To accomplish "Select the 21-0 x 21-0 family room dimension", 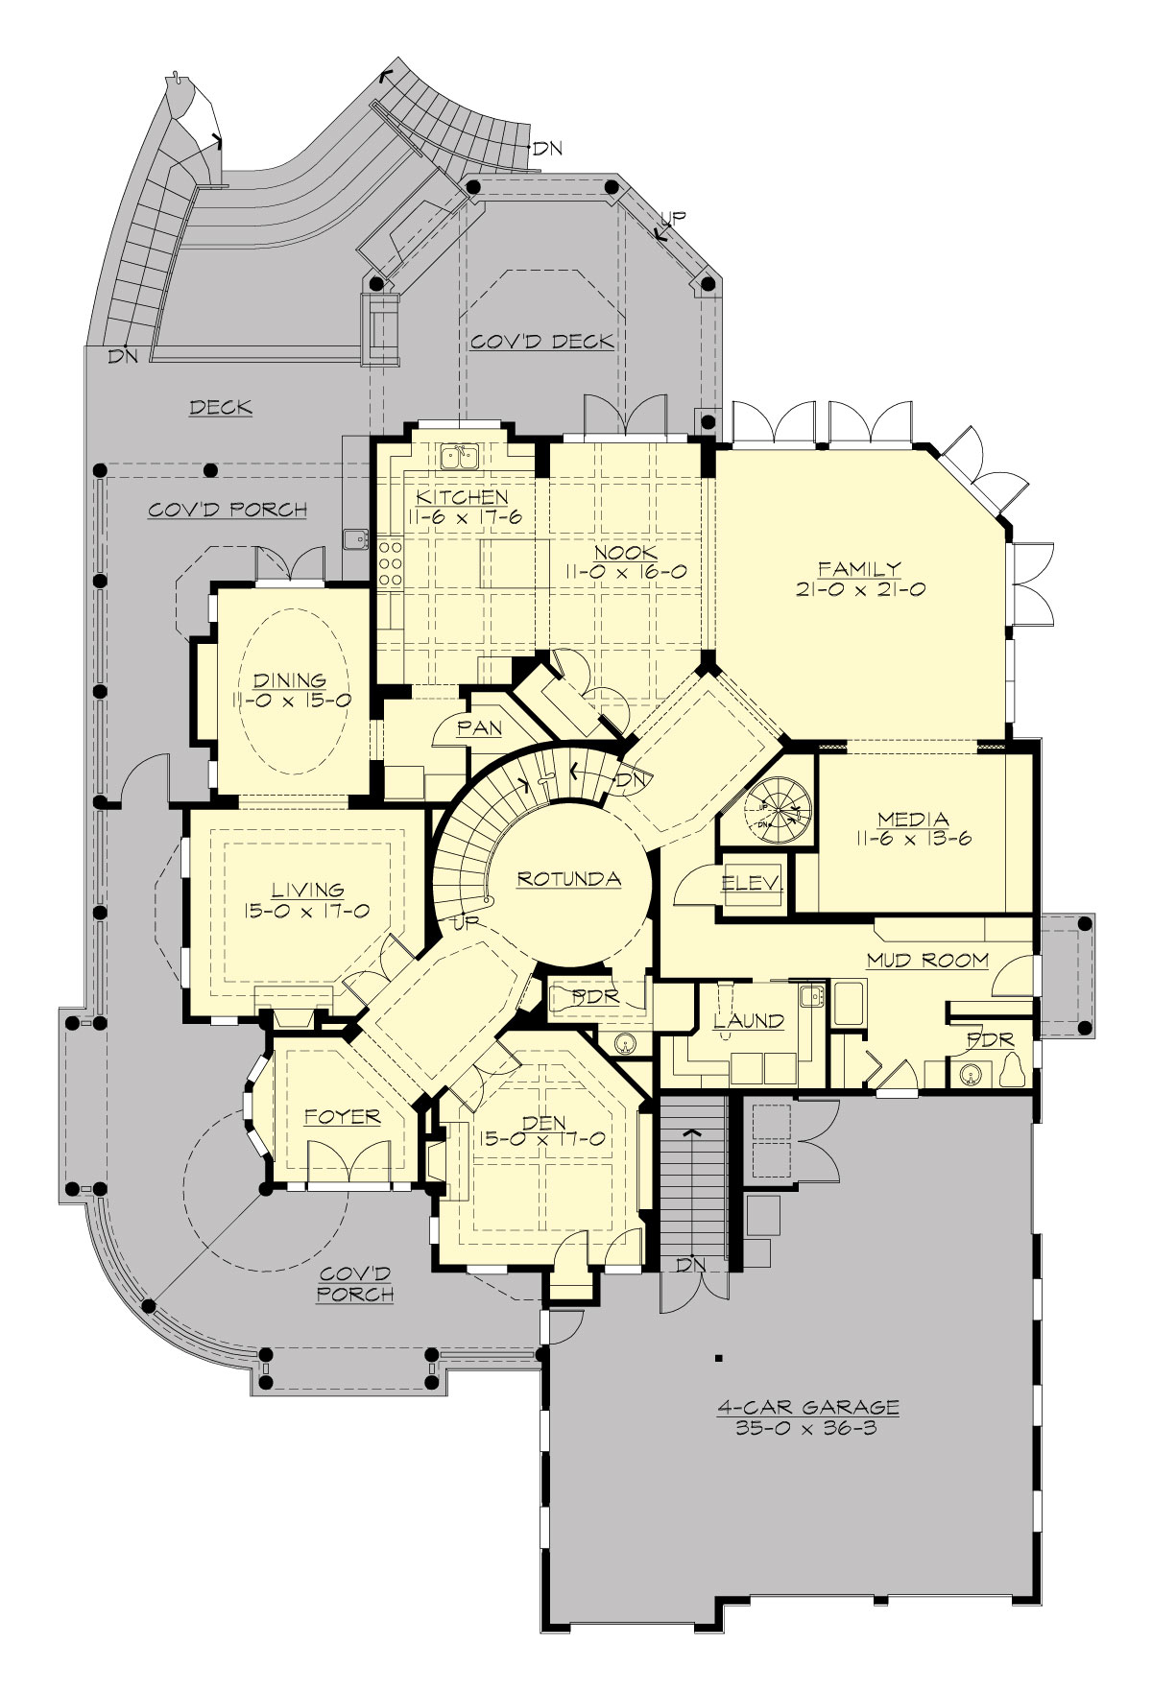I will [860, 590].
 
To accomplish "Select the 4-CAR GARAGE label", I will [808, 1408].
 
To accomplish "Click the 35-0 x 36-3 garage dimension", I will [808, 1427].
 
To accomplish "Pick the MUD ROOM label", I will [927, 959].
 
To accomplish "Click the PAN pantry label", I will [479, 727].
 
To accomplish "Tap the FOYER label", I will [343, 1117].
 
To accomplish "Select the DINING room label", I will [289, 681].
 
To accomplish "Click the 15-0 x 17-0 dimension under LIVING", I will [306, 911].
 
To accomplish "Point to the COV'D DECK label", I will [542, 342].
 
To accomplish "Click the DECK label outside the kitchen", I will [220, 408].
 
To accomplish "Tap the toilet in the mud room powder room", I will [1010, 1072].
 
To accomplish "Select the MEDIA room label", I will [913, 819].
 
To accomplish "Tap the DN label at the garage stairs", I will [690, 1265].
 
